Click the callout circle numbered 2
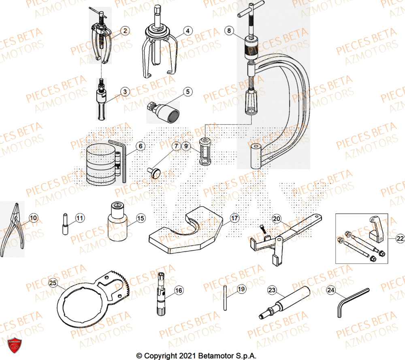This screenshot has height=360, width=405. (x=125, y=30)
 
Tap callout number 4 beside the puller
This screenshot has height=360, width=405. (x=187, y=30)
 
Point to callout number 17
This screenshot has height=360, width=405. (x=234, y=218)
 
